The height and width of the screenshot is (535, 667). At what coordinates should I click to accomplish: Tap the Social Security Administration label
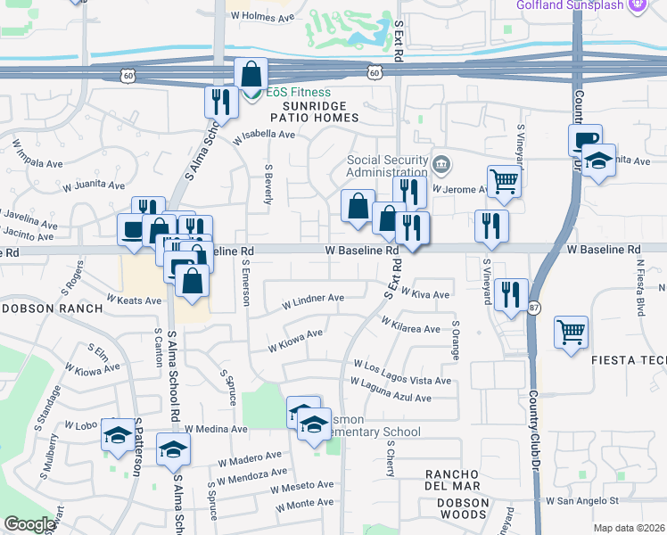coord(387,167)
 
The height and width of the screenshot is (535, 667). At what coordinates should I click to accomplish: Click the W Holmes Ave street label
coord(259,17)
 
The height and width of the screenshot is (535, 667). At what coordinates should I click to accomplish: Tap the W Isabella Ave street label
coord(263,136)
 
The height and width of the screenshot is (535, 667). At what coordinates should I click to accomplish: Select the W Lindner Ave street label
coord(312,299)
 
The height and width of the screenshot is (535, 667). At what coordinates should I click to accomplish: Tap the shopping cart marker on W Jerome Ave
coord(504,181)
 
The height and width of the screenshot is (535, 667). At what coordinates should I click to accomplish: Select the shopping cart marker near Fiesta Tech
coord(571,332)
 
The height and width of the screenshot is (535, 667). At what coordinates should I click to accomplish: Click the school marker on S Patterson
coord(117,434)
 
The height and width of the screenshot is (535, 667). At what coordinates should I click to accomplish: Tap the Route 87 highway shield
coord(534,308)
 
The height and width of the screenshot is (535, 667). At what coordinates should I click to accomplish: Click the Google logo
coord(29,525)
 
